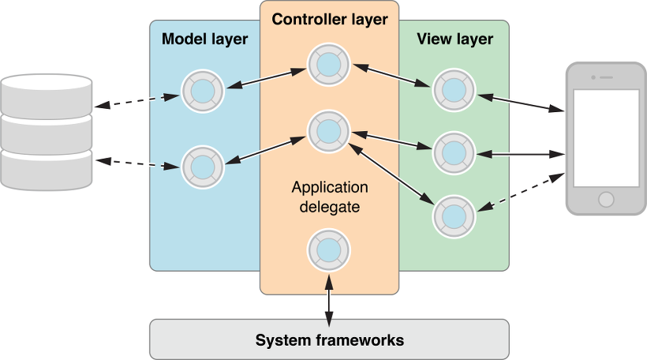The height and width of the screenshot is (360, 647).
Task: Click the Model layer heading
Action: (x=204, y=39)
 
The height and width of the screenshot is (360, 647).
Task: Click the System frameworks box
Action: (x=329, y=340)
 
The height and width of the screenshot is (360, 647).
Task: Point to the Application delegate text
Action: (x=329, y=197)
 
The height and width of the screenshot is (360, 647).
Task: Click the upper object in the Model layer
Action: (x=203, y=92)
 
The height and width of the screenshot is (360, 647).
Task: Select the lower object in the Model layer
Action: (x=203, y=166)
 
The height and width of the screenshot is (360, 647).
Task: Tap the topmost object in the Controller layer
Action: (x=328, y=65)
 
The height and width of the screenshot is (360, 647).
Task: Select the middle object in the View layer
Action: (x=453, y=150)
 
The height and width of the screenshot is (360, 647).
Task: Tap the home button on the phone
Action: (x=607, y=198)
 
